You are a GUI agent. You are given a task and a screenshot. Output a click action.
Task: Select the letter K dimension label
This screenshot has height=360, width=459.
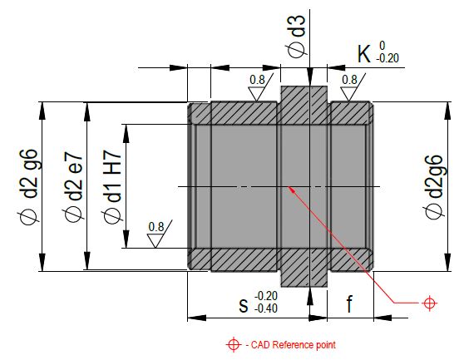[x=364, y=54]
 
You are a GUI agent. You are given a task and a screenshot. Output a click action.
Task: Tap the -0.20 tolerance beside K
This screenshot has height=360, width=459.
[x=387, y=58]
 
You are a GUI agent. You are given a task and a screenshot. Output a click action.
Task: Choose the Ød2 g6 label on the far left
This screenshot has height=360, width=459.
[x=28, y=187]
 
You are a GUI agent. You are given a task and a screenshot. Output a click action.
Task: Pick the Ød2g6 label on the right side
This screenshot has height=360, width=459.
[x=434, y=187]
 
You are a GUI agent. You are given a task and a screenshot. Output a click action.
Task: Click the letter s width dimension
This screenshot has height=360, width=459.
[x=244, y=305]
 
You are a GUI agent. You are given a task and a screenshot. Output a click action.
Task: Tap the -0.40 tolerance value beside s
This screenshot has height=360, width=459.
[x=266, y=308]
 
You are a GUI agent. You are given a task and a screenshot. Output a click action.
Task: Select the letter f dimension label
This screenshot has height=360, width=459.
[x=349, y=303]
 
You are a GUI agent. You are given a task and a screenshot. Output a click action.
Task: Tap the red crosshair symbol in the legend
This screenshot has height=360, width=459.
[x=234, y=344]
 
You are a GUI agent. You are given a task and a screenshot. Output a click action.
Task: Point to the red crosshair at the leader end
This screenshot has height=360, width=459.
[x=429, y=303]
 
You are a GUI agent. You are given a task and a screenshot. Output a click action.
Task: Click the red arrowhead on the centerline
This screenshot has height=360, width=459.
[x=291, y=189]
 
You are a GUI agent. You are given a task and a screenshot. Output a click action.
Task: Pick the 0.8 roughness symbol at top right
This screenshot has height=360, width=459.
[x=353, y=87]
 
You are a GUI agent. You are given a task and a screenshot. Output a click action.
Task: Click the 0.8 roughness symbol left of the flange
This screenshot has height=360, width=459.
[x=260, y=87]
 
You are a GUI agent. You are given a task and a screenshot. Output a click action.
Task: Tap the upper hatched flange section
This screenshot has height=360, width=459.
[x=304, y=105]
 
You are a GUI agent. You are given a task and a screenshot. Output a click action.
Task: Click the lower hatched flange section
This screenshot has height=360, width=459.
[x=304, y=268]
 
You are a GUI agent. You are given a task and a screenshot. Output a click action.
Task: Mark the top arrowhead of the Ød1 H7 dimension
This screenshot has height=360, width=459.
[x=126, y=134]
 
